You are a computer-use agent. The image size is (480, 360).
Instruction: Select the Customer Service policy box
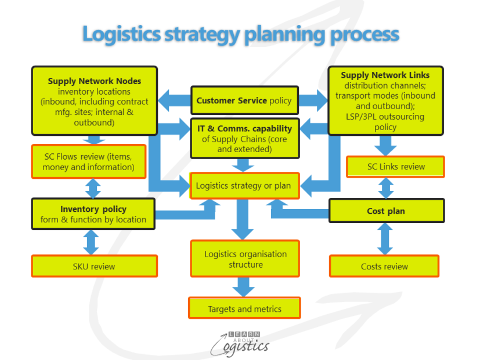[x=244, y=100]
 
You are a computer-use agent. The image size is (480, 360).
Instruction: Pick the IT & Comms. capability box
[x=244, y=138]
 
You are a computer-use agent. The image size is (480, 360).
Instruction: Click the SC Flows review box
[x=88, y=161]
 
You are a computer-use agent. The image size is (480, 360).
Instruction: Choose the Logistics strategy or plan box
[x=244, y=186]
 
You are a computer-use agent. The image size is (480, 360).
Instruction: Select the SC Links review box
[x=395, y=167]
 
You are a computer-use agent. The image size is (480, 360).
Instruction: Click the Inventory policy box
[x=93, y=214]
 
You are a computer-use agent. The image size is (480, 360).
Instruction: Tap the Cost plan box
[x=386, y=211]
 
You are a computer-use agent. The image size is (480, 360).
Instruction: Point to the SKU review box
[x=94, y=266]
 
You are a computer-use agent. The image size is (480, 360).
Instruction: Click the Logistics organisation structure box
[x=245, y=259]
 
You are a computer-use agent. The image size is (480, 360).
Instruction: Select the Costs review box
[x=384, y=266]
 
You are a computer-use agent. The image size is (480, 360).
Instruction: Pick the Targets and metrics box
[x=244, y=308]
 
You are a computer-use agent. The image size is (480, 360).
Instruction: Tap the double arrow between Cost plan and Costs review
[x=384, y=239]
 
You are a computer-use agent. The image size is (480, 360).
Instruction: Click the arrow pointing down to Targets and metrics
[x=244, y=287]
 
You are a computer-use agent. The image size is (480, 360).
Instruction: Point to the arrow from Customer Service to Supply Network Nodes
[x=174, y=100]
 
